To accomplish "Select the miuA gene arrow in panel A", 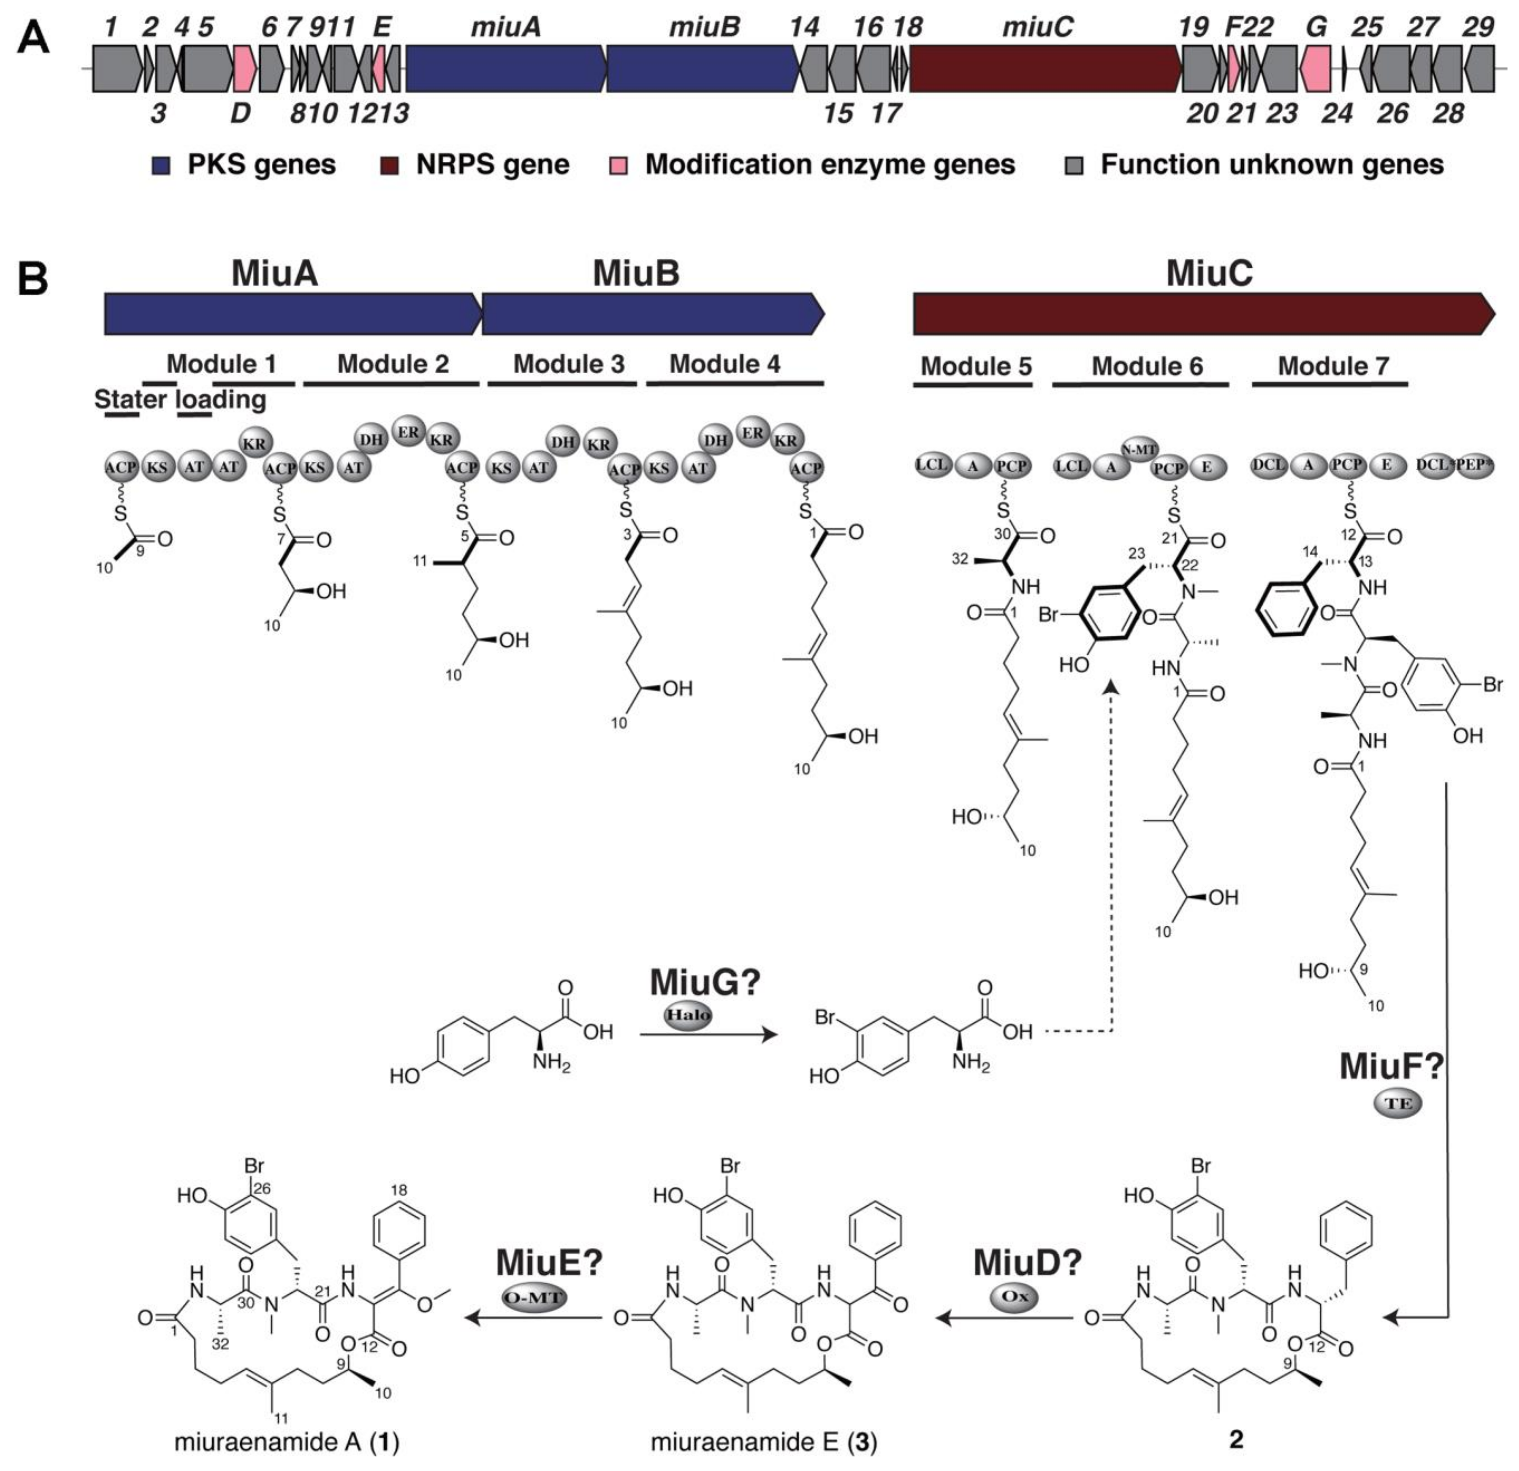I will tap(505, 67).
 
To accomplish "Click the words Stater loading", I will tap(180, 400).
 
